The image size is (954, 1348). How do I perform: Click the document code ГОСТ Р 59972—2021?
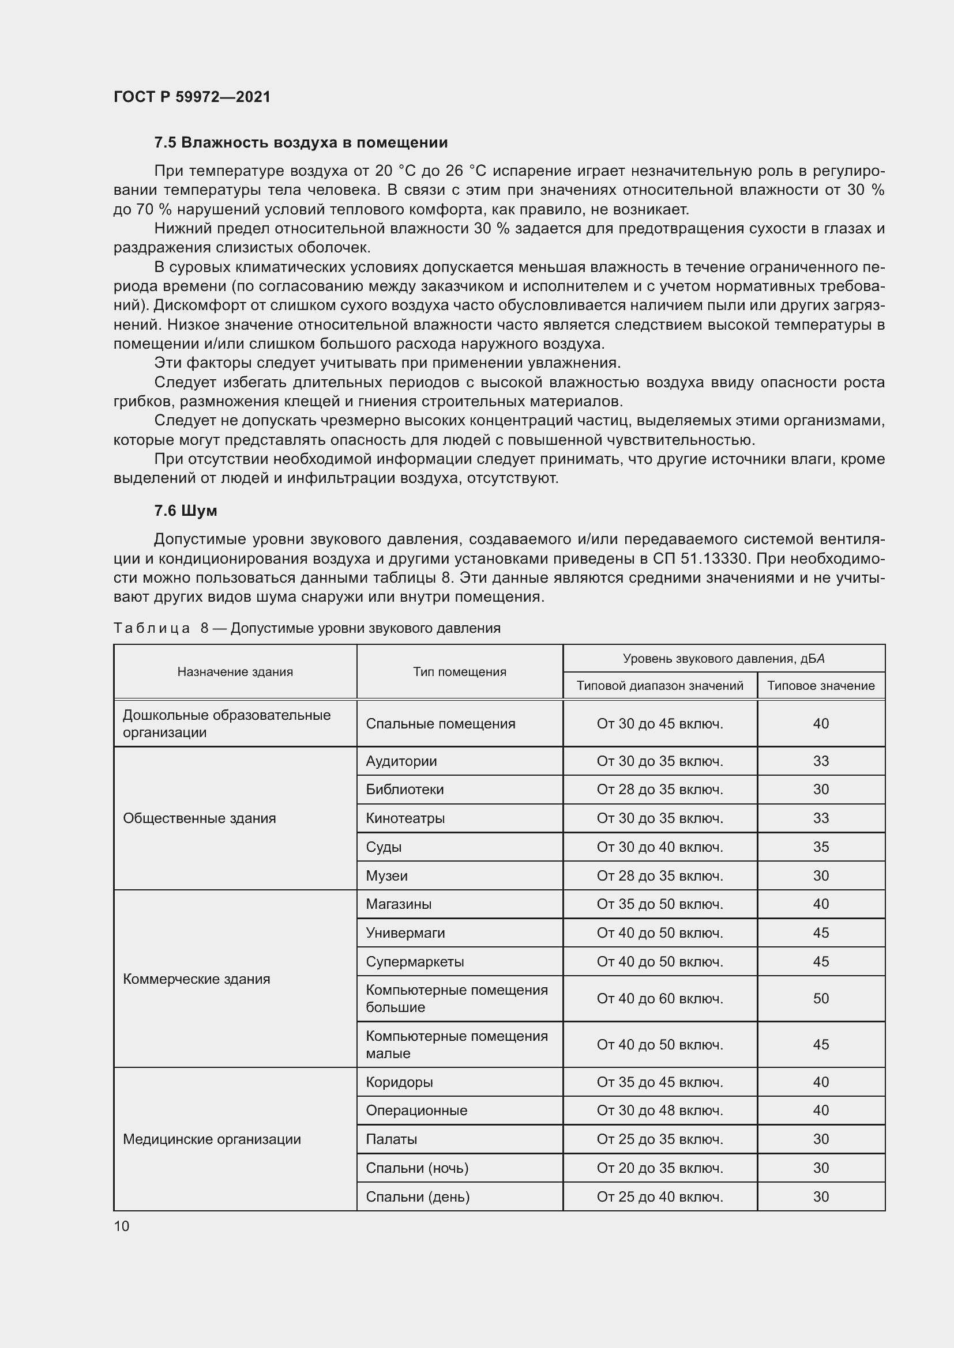pos(192,97)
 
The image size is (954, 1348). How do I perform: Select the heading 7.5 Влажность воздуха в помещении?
pos(301,143)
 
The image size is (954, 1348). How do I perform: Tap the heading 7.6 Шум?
pos(186,511)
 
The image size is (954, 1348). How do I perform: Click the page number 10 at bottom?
pos(122,1226)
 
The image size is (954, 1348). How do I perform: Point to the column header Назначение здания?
pos(235,671)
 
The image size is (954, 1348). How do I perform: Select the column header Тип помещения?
pos(459,671)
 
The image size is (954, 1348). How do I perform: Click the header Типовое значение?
pos(821,686)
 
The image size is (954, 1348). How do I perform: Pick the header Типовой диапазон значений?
pos(660,686)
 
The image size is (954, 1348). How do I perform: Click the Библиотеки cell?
pos(405,790)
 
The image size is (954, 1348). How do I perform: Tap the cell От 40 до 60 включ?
pos(660,999)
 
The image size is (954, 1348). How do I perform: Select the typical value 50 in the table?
pos(821,999)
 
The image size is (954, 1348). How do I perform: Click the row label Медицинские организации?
pos(212,1139)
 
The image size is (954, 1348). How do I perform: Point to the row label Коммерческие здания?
pos(196,979)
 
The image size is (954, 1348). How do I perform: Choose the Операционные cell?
pos(416,1111)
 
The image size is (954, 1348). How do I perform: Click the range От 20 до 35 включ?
pos(660,1168)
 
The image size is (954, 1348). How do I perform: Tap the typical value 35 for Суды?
pos(821,847)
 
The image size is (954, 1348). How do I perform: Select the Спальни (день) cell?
pos(418,1197)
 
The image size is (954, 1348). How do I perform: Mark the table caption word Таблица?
pos(152,628)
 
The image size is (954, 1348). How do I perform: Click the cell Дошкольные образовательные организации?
pos(226,724)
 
